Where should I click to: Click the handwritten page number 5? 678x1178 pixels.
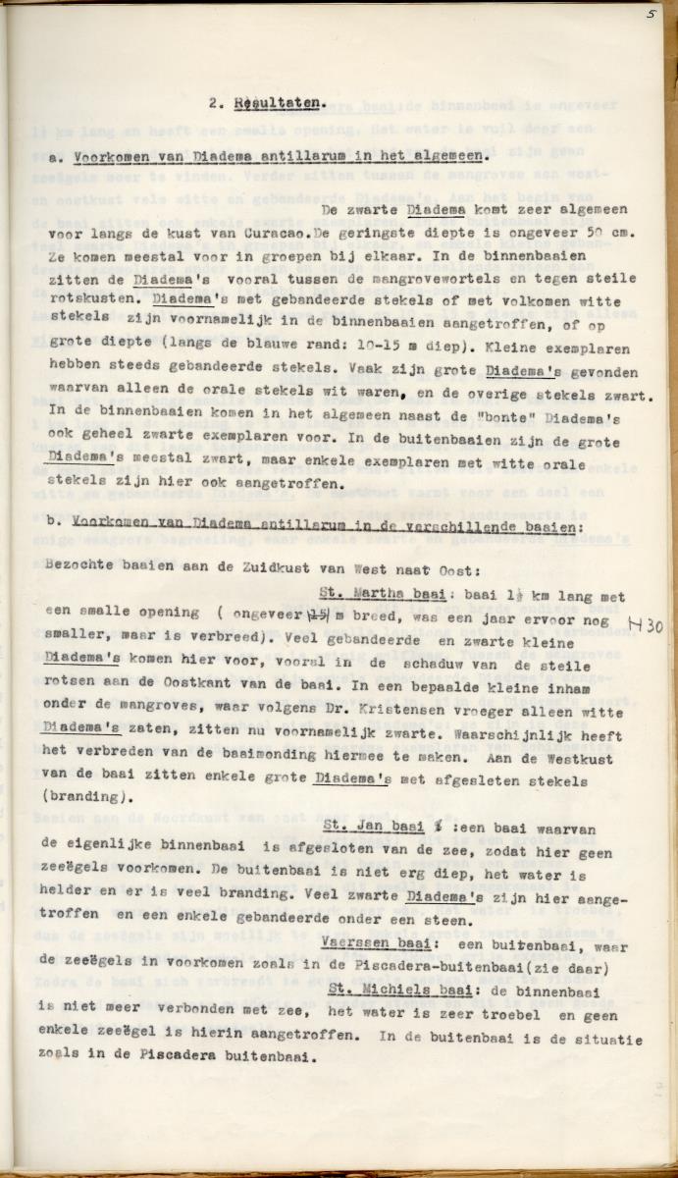pyautogui.click(x=650, y=14)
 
